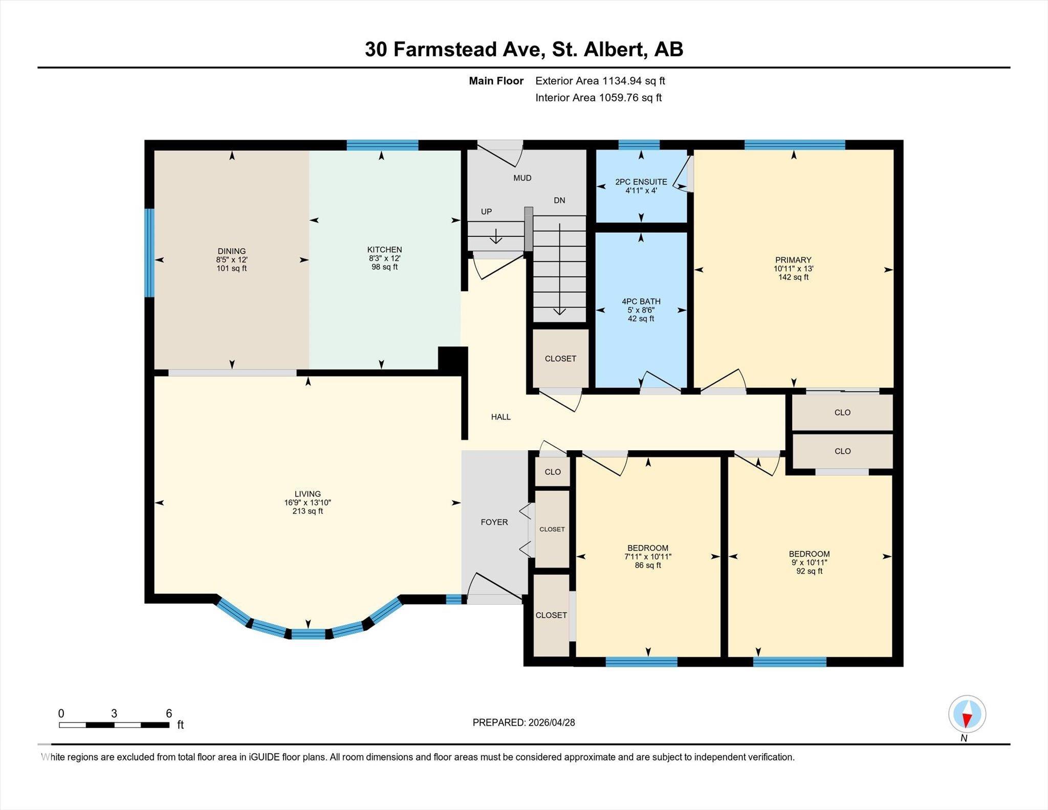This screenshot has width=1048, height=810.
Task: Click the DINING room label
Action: (231, 251)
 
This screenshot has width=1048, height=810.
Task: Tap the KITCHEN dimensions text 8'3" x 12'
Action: (384, 258)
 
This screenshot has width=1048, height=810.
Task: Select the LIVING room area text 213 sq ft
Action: (308, 511)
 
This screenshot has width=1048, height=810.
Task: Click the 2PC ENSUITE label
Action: (641, 182)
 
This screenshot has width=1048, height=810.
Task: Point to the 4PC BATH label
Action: (641, 301)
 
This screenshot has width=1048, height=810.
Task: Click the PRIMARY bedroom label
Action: (793, 259)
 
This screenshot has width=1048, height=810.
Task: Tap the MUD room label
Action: (522, 178)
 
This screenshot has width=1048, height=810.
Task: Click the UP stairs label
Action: (486, 211)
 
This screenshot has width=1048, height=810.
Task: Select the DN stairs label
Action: (559, 200)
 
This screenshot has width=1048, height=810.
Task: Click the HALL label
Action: (500, 417)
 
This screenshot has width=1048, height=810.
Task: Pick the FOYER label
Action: (494, 522)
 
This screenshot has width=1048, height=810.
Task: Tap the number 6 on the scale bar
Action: (169, 713)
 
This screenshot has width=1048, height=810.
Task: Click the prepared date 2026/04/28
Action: (551, 723)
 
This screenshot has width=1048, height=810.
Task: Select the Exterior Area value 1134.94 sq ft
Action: (634, 81)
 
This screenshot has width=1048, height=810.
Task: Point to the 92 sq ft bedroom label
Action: (809, 571)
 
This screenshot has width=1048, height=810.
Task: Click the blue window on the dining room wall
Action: (149, 252)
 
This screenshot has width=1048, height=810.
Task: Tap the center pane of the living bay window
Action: (308, 634)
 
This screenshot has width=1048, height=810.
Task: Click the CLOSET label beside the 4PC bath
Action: (560, 359)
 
